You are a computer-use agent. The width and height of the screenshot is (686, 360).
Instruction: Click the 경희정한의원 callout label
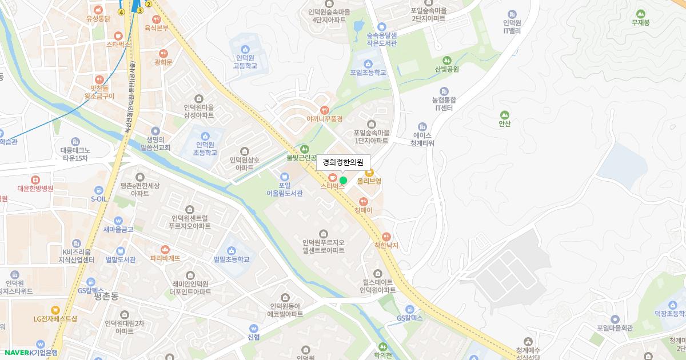343,162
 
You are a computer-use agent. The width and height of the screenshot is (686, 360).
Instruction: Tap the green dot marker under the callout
343,181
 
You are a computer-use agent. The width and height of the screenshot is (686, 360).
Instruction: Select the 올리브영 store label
369,181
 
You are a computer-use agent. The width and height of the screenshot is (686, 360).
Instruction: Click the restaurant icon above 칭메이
363,201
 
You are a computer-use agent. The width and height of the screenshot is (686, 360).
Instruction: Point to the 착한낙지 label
386,245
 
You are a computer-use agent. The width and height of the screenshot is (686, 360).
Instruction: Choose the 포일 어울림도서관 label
285,189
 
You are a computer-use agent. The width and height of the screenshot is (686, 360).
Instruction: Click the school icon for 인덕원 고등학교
245,50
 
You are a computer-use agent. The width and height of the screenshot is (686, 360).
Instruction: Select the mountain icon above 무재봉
640,14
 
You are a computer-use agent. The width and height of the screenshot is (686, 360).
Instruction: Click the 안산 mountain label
504,123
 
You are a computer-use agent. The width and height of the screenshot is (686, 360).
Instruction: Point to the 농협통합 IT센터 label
444,103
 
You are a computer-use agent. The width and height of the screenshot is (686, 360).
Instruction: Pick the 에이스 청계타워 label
422,139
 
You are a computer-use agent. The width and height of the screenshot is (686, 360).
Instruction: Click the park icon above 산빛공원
447,61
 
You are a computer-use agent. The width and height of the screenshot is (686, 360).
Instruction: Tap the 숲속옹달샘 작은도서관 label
382,39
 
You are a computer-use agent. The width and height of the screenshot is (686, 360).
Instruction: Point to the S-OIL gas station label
99,199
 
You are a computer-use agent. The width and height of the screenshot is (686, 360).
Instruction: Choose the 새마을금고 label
118,229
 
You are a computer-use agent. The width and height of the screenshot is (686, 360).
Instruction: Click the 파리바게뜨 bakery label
165,258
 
